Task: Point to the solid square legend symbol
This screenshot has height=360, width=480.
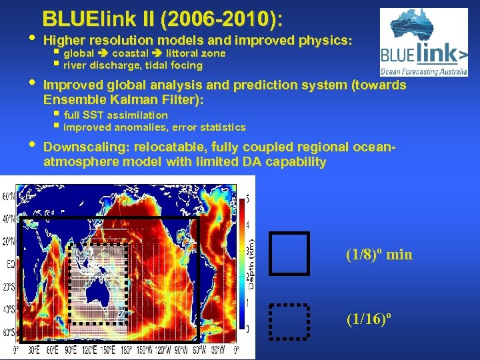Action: [289, 253]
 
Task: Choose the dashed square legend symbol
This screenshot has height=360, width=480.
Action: [289, 321]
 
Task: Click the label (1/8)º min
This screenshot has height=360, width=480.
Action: [379, 254]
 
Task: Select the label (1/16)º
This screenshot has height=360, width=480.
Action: [367, 320]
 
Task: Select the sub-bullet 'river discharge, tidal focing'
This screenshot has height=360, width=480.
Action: [133, 65]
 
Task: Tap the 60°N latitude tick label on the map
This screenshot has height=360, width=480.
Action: [9, 197]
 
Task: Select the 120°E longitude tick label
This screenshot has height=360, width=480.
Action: [87, 349]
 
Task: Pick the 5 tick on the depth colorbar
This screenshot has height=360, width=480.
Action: [248, 199]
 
